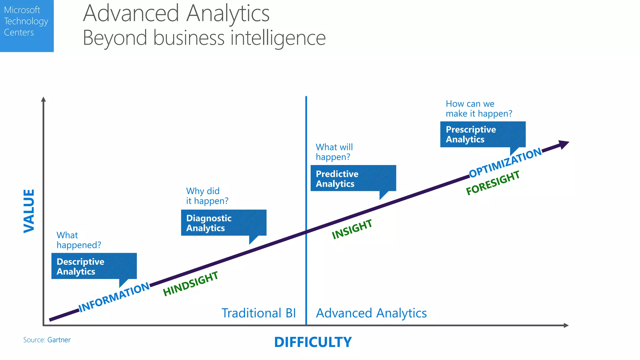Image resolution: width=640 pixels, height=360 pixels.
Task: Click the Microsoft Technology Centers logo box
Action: coord(27,26)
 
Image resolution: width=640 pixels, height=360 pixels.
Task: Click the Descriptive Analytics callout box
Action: coord(94,266)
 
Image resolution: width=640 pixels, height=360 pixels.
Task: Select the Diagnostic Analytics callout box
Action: coord(223,222)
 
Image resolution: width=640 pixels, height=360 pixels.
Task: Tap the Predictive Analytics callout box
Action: coord(353,178)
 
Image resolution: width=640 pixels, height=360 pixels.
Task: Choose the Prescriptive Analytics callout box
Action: coord(483,134)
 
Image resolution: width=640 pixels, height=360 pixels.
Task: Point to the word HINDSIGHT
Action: coord(191,283)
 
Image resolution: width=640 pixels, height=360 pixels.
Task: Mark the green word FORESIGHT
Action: coord(493,182)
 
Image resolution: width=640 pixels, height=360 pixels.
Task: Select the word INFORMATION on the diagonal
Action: coord(114,297)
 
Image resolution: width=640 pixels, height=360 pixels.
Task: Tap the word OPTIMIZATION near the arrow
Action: coord(506,162)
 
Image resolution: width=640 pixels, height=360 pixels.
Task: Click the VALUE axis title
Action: coord(29,211)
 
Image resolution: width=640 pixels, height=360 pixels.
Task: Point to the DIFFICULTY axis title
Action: coord(313,342)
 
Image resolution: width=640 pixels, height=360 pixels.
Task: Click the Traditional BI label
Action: coord(259,313)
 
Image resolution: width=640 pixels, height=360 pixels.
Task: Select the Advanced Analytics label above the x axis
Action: coord(371,313)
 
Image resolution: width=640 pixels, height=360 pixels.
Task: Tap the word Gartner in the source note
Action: coord(59,340)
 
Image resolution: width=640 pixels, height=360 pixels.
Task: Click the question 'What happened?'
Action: coord(79,240)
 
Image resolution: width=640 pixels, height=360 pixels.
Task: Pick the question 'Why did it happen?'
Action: coord(207,196)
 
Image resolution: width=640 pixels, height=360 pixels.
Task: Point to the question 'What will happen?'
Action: coord(334,152)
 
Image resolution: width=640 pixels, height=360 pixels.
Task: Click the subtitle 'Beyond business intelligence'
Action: coord(204,38)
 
